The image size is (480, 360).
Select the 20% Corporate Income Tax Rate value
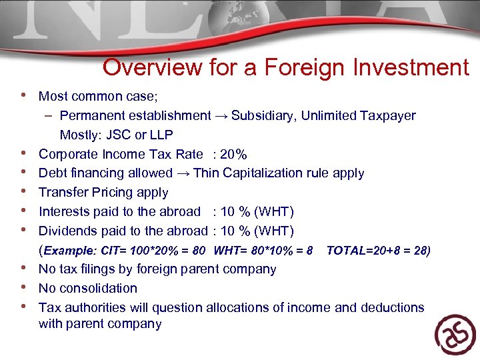pyautogui.click(x=233, y=155)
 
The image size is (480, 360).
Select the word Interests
pyautogui.click(x=64, y=212)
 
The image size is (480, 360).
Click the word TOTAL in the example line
pyautogui.click(x=347, y=251)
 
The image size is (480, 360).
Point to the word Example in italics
pyautogui.click(x=70, y=251)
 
